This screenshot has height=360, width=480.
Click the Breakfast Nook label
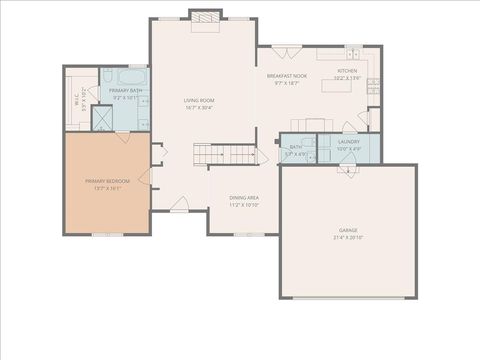(x=287, y=76)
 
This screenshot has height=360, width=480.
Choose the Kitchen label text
(x=347, y=71)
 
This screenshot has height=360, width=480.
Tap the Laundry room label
(x=349, y=142)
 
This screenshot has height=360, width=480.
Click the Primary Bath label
(x=124, y=90)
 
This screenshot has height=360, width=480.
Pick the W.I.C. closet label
(x=77, y=99)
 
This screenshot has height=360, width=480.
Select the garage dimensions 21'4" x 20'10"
(x=348, y=238)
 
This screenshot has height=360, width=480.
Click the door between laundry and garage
(x=349, y=169)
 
